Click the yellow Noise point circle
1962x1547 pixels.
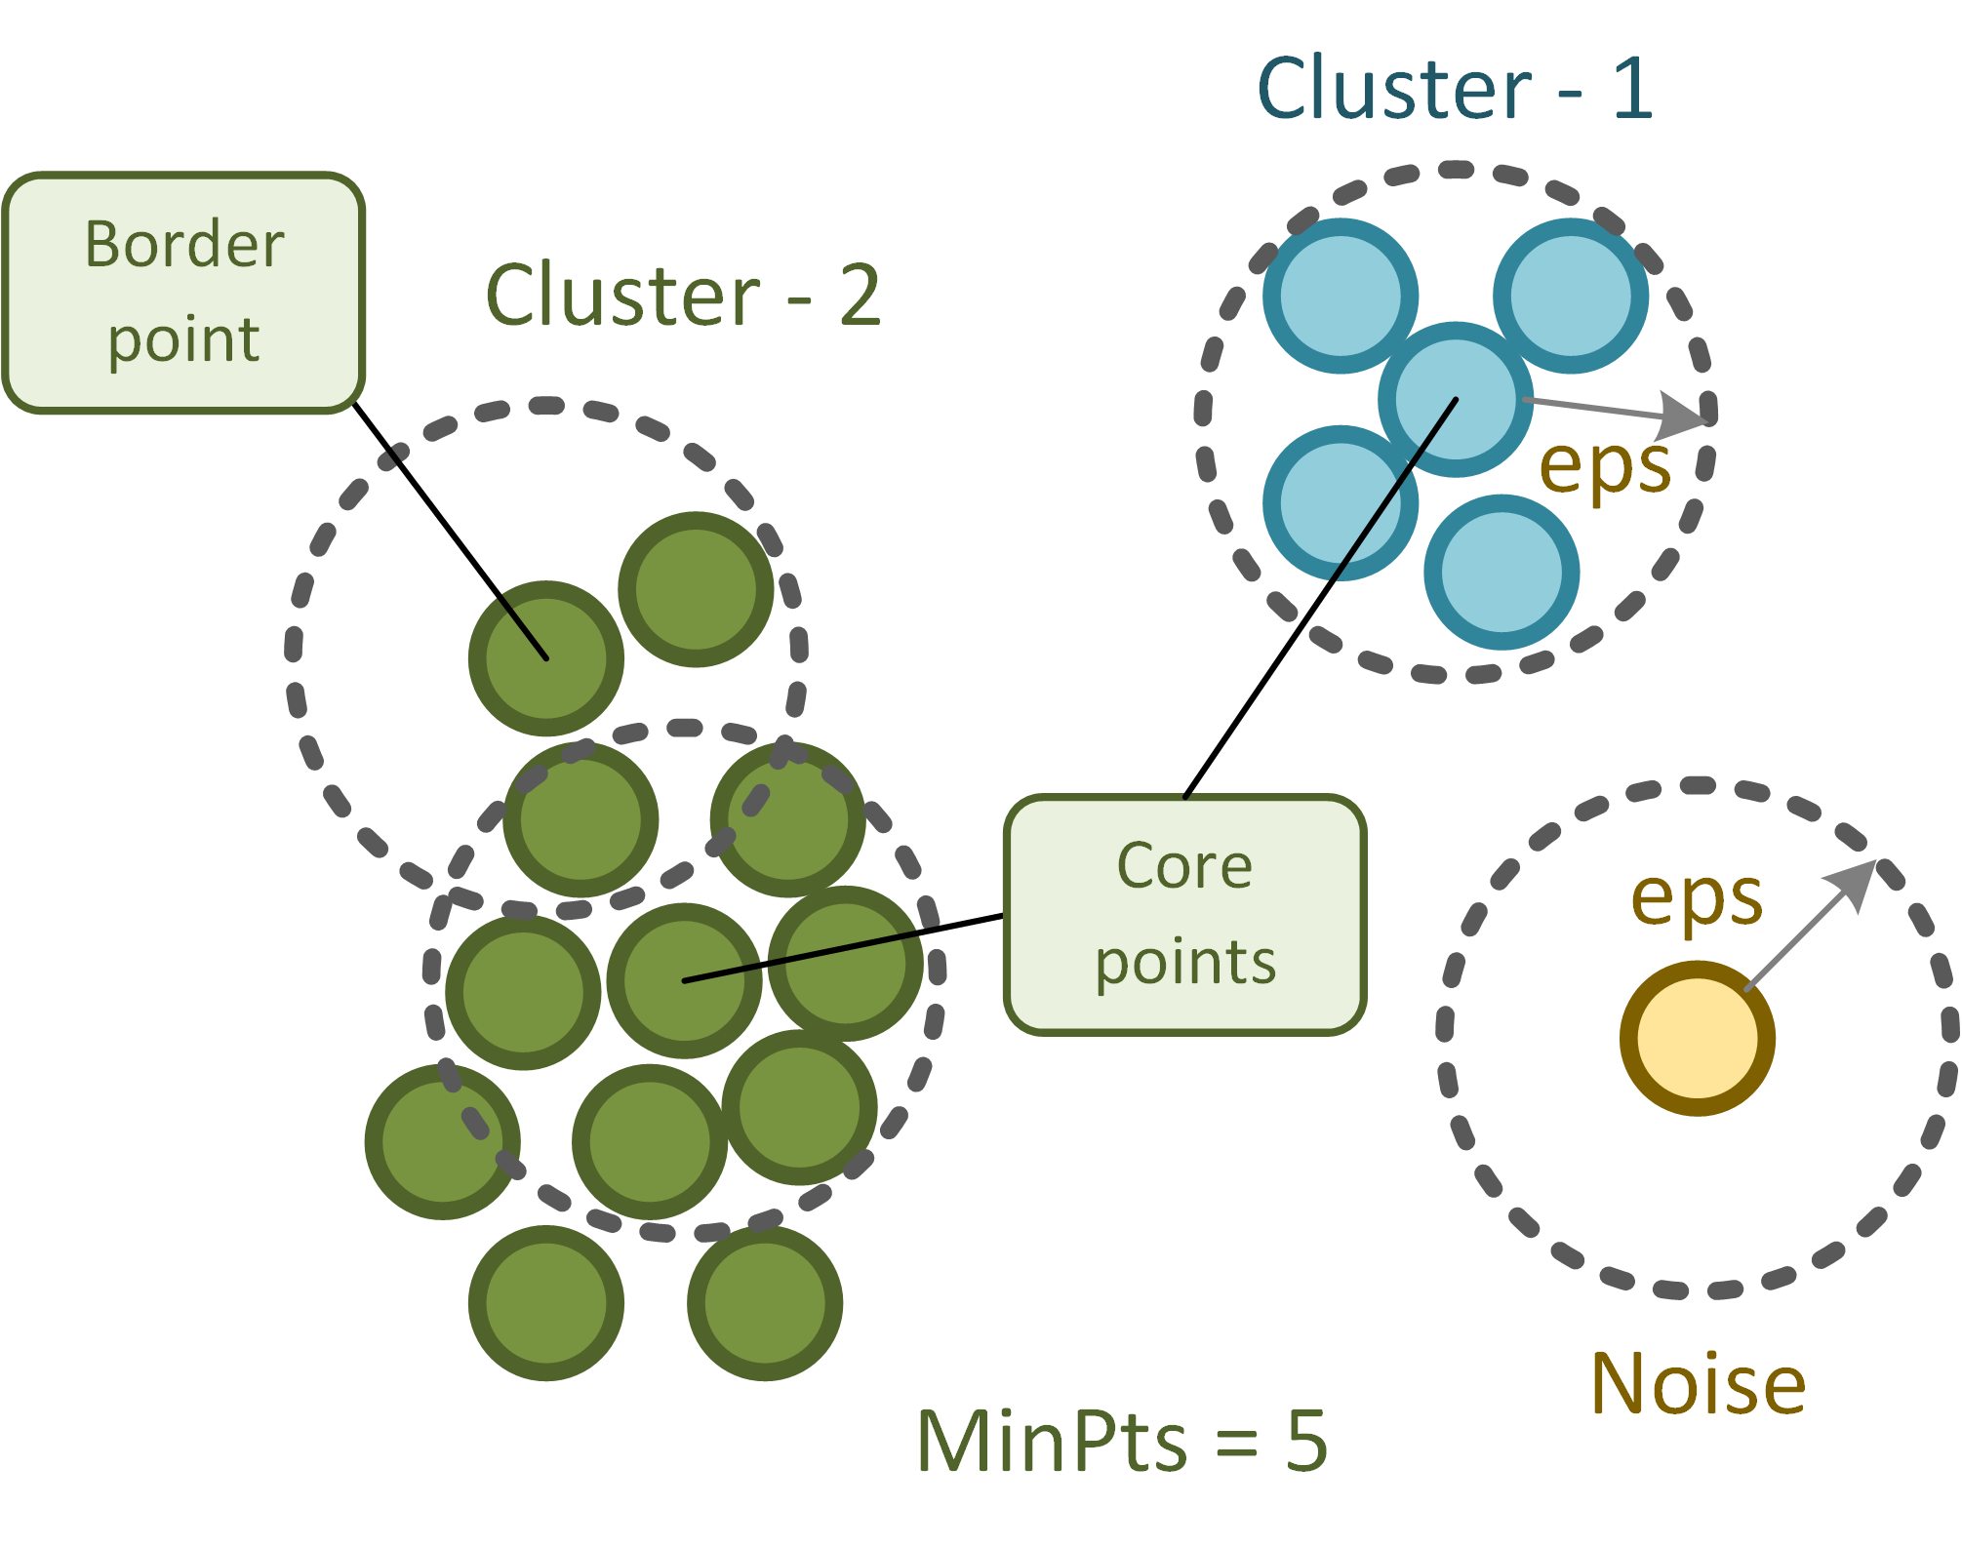tap(1697, 1038)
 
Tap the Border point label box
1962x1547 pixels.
tap(183, 293)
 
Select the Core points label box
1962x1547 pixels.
tap(1184, 914)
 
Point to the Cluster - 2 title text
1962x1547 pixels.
tap(683, 295)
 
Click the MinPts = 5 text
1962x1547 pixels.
tap(1122, 1441)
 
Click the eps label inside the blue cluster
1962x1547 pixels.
tap(1604, 466)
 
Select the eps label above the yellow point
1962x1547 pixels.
tap(1697, 897)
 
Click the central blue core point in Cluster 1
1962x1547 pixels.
tap(1456, 399)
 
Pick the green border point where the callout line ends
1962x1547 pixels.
tap(546, 658)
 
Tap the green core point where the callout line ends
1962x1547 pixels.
tap(684, 980)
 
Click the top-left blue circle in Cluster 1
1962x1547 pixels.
tap(1340, 296)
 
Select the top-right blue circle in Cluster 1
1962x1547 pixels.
tap(1571, 296)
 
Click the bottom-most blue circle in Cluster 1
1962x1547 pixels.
tap(1502, 572)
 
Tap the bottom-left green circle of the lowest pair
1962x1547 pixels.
tap(546, 1302)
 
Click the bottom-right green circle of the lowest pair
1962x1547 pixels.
tap(765, 1302)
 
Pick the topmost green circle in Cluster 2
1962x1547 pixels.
tap(696, 589)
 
